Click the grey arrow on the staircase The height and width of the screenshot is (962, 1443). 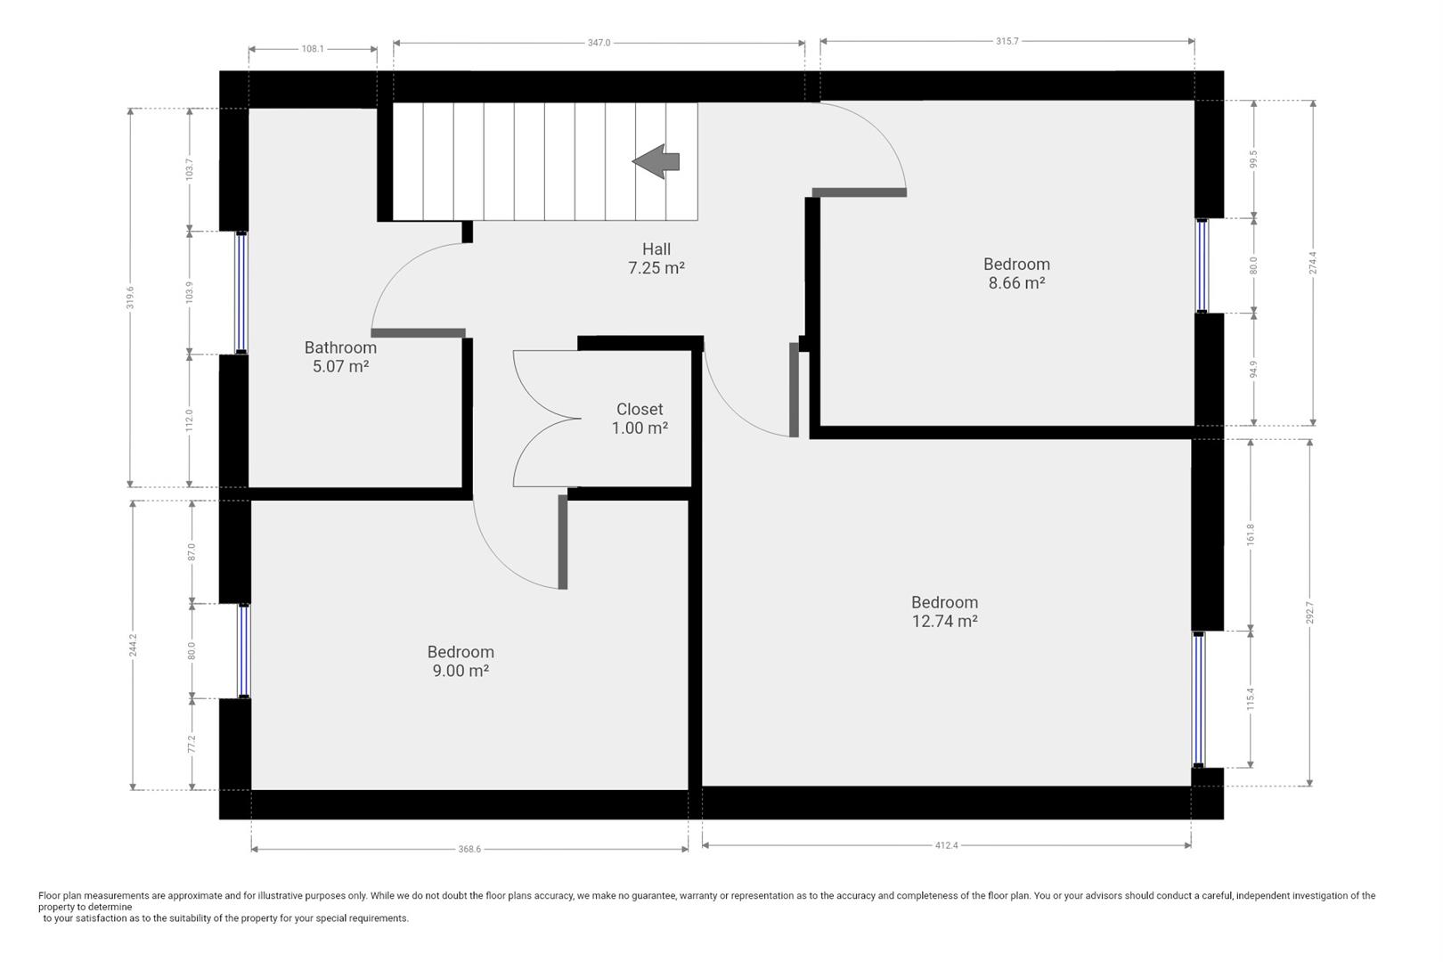[656, 161]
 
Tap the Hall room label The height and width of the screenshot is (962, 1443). [656, 249]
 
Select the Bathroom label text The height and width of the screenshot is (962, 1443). [340, 347]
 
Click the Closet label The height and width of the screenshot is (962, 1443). [640, 409]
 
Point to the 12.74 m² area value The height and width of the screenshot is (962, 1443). [944, 622]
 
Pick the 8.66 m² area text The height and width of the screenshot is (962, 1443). [1016, 283]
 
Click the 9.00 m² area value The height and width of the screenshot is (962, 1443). [461, 672]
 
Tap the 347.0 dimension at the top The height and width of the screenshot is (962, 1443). [599, 43]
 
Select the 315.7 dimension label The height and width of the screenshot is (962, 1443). [1007, 42]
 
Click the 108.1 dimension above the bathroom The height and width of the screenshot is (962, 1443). [312, 49]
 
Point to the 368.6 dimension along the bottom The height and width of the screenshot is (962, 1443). [469, 850]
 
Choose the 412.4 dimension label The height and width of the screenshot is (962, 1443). [946, 846]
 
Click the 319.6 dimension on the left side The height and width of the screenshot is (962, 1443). [131, 298]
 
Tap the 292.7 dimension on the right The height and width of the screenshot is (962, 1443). [1309, 613]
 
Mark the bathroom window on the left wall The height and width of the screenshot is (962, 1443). [240, 292]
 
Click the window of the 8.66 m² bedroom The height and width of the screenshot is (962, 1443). [1202, 265]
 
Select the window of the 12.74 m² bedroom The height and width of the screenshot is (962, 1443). [1198, 699]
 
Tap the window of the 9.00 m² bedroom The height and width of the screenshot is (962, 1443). [243, 651]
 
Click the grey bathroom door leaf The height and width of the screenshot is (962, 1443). [418, 333]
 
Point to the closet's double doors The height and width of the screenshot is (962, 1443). [545, 419]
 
